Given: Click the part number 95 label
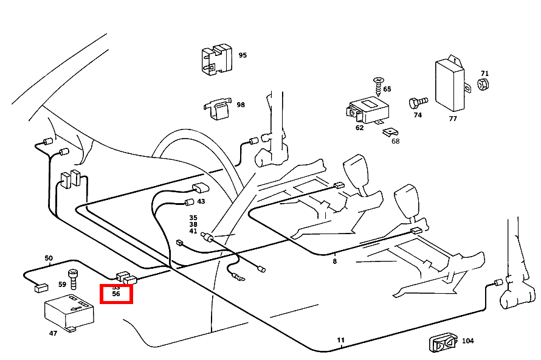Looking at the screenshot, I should (243, 55).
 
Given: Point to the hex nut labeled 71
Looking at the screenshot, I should (484, 84).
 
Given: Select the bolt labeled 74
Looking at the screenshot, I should (418, 101).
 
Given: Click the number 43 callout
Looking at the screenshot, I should (201, 202).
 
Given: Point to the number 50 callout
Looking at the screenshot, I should (49, 258).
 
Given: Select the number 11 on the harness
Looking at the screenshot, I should (341, 339).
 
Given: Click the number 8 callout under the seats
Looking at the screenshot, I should (334, 261).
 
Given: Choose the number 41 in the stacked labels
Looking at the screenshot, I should (193, 231).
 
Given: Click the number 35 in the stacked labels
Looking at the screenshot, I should (193, 217).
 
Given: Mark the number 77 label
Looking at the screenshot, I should (453, 119).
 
